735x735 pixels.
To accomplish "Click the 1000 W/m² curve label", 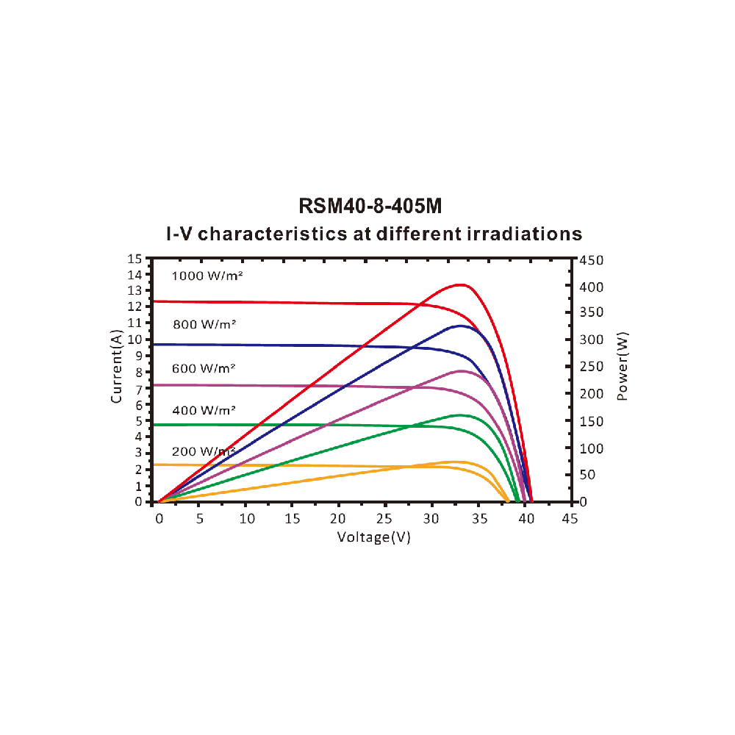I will (x=207, y=276).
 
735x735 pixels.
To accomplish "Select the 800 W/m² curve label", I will (x=204, y=323).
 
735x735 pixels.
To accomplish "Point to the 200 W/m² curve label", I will (x=204, y=451).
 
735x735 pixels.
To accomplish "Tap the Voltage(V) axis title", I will (x=373, y=537).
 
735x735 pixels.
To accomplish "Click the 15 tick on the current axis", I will (x=135, y=259).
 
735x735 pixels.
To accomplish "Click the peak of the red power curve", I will (x=461, y=284).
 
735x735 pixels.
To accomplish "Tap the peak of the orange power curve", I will (x=457, y=462).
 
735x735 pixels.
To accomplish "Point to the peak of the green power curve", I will (x=460, y=415).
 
